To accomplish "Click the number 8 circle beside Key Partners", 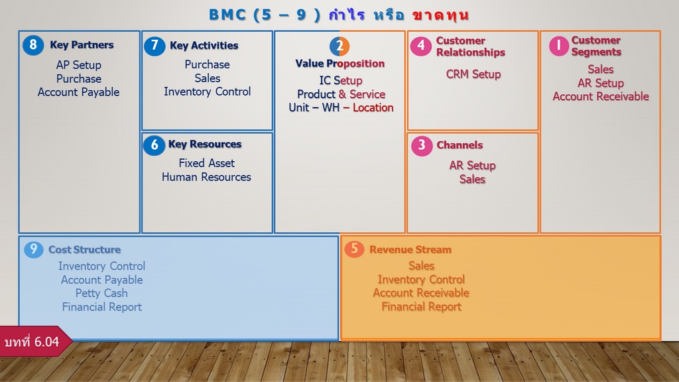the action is (x=33, y=45).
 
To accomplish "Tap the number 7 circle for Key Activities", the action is (x=154, y=46).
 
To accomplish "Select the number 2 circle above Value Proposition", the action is (x=339, y=46).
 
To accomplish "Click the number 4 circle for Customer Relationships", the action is (x=421, y=46).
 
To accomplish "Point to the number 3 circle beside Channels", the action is (x=422, y=145).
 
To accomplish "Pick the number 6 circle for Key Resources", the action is (x=154, y=145).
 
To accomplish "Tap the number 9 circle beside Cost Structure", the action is (x=34, y=249).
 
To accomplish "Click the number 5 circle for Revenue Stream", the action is (x=354, y=249).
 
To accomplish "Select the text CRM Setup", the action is (x=473, y=74).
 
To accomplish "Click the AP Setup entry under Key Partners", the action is (x=79, y=65).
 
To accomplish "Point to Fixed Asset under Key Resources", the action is (x=207, y=163).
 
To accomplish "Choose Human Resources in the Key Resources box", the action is (x=207, y=177).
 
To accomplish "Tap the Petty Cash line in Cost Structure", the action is (x=101, y=293).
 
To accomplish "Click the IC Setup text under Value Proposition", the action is (x=341, y=80).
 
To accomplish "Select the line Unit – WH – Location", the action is (x=341, y=108).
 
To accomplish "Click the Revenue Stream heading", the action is (x=410, y=250).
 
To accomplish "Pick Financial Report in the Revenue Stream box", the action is (x=421, y=306).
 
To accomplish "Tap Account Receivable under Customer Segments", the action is (x=601, y=97).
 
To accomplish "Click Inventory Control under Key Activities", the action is (x=208, y=92).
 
